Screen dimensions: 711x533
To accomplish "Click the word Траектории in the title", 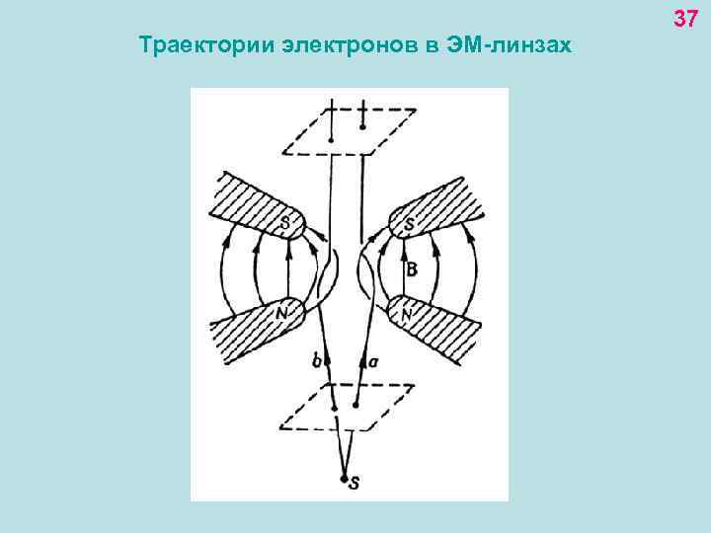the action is [x=205, y=46].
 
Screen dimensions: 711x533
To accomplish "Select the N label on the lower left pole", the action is [x=282, y=313].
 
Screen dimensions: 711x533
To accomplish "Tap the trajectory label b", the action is [x=316, y=362].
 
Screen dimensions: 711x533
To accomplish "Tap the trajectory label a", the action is [x=373, y=361].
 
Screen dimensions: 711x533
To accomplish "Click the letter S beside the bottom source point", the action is [x=354, y=484].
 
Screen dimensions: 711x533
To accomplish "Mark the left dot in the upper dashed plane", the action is [x=332, y=140].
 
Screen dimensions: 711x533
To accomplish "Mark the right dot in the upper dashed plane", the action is [x=363, y=126].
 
